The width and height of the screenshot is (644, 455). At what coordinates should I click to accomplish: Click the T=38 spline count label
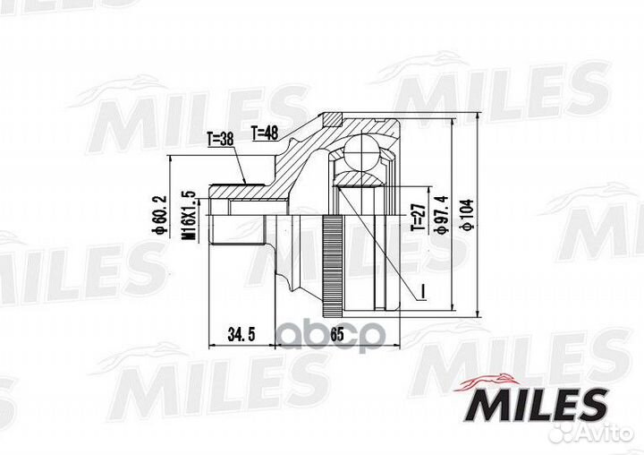(220, 139)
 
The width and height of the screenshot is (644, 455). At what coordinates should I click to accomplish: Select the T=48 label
(266, 132)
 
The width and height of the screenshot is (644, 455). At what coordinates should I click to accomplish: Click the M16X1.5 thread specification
(188, 215)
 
